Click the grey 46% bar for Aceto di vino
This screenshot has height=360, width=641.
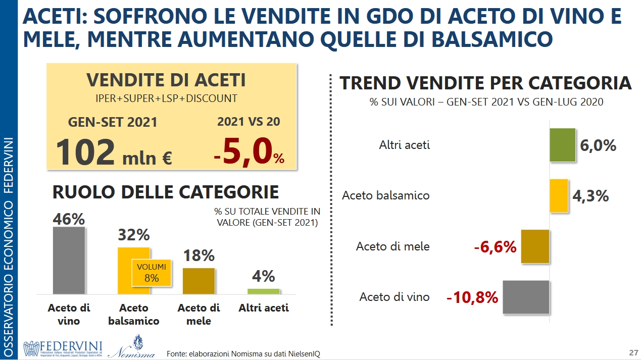(x=69, y=260)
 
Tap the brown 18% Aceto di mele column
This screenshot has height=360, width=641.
(x=199, y=281)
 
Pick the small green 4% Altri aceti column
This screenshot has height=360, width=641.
(x=263, y=291)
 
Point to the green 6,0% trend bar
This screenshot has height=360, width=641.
(x=562, y=145)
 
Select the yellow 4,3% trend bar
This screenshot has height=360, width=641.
(x=559, y=195)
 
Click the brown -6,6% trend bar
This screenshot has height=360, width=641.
(x=534, y=246)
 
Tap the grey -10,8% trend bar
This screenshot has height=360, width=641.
(x=525, y=297)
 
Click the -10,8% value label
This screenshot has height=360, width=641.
(x=472, y=297)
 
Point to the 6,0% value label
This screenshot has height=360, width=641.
(x=598, y=145)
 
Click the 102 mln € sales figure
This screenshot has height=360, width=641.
(x=114, y=153)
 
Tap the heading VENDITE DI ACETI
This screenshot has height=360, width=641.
(x=166, y=80)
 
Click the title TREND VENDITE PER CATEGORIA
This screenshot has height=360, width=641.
(x=485, y=83)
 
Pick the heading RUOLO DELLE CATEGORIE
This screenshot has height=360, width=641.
(x=166, y=192)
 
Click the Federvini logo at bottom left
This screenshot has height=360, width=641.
(x=63, y=349)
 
